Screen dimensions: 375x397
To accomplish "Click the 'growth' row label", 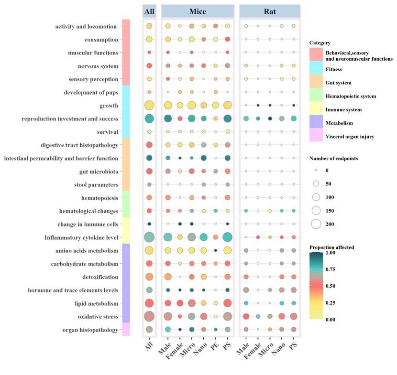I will pyautogui.click(x=107, y=106).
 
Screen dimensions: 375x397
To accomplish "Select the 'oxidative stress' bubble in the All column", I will pyautogui.click(x=149, y=316).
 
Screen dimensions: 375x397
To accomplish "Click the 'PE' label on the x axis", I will pyautogui.click(x=215, y=343).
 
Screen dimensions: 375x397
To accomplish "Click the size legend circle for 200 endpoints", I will pyautogui.click(x=316, y=224).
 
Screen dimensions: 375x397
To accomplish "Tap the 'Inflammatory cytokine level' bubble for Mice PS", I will pyautogui.click(x=227, y=237).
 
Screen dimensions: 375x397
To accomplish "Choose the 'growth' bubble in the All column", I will pyautogui.click(x=149, y=106).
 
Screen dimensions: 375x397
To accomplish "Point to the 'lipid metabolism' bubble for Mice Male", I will pyautogui.click(x=168, y=303).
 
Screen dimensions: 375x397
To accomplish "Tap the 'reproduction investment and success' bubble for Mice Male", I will pyautogui.click(x=168, y=118).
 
